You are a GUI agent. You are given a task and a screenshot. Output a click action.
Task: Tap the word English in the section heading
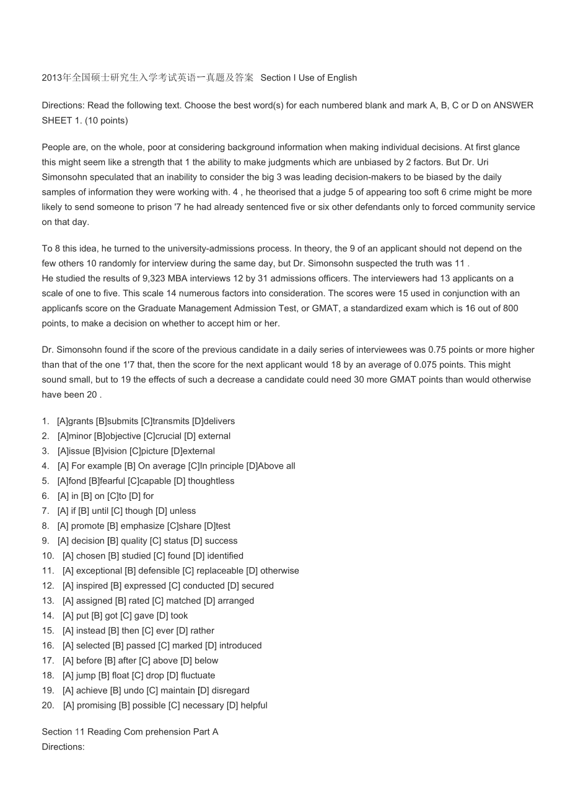coord(343,77)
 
